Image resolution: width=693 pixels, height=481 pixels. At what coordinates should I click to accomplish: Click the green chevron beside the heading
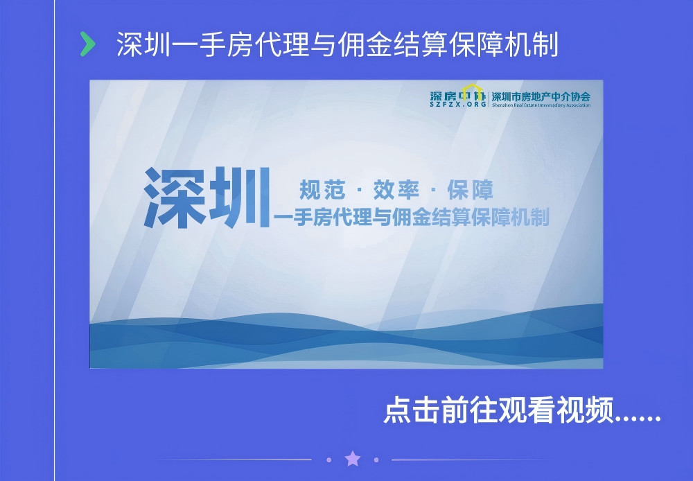[88, 44]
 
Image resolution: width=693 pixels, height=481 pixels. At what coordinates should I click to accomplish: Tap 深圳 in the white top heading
[143, 44]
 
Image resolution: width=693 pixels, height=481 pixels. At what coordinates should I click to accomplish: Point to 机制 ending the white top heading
[532, 44]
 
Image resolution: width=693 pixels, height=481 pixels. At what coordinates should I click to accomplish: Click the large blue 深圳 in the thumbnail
[207, 198]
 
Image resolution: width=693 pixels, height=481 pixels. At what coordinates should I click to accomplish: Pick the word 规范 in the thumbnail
[322, 190]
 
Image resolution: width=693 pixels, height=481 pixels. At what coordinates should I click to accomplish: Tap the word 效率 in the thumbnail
[396, 190]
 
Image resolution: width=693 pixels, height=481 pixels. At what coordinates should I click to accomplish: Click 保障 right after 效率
[471, 190]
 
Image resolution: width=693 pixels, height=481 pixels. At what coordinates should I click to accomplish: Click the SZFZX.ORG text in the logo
[458, 105]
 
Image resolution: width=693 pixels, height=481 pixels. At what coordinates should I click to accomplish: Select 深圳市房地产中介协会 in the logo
[541, 96]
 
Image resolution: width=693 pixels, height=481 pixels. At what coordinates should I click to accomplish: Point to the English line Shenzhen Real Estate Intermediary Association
[541, 105]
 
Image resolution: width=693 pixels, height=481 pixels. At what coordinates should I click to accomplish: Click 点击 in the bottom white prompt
[412, 410]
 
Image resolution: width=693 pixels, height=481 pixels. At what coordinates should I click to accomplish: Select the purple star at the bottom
[353, 459]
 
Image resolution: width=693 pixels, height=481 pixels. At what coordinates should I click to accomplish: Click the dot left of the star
[328, 460]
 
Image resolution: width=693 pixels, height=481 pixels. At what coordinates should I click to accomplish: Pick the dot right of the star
[376, 460]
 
